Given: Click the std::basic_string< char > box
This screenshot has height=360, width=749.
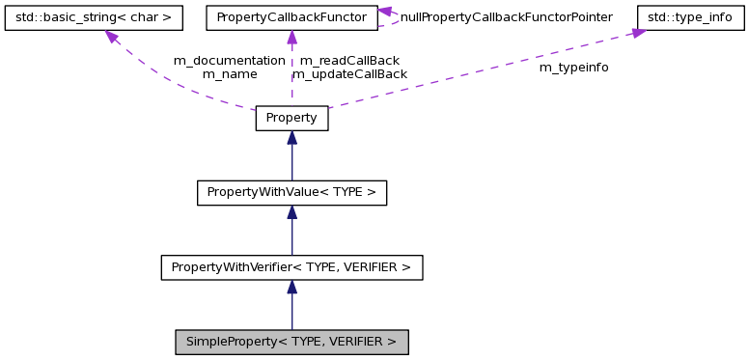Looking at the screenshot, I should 94,17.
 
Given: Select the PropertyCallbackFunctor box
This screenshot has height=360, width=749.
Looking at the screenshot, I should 291,17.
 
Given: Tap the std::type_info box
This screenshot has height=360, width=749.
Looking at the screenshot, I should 691,17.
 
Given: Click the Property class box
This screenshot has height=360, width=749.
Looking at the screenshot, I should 291,118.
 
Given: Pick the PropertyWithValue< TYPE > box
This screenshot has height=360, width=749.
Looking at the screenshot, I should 291,192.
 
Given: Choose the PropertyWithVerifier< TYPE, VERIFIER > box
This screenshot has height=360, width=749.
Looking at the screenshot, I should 291,266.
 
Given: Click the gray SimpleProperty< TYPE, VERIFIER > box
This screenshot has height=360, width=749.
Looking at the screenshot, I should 291,342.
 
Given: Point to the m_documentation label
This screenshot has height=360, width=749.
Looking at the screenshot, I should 229,60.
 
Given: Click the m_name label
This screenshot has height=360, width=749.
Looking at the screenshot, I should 229,73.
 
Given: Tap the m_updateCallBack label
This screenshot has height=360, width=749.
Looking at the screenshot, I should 349,73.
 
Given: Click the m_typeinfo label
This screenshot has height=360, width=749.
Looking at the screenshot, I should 573,68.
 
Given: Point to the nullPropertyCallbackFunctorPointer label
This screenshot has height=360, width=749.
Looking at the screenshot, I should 506,17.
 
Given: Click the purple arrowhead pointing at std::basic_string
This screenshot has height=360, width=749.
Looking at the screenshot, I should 112,37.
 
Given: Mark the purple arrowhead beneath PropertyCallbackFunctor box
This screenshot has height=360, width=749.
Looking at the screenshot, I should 291,38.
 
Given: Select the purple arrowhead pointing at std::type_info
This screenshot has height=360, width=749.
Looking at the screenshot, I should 638,33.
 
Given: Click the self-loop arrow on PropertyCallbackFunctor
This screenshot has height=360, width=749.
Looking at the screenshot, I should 387,12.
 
